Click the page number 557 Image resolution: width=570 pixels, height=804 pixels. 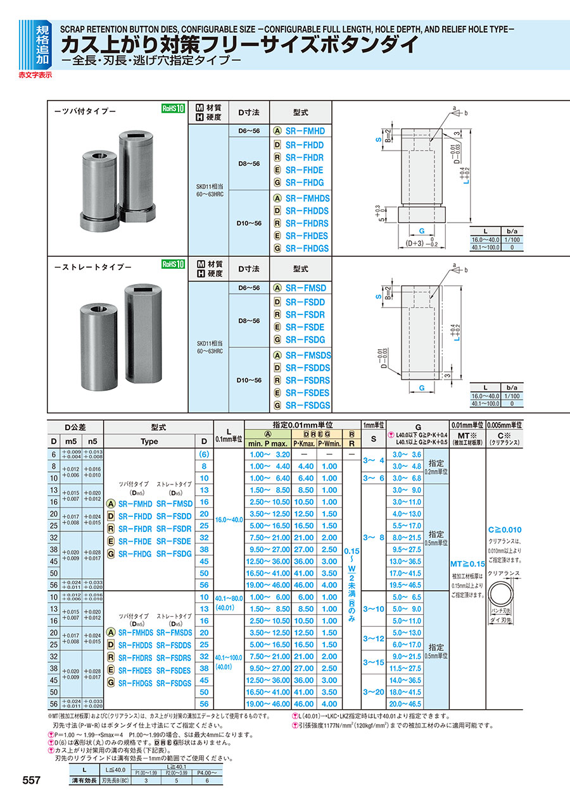32,781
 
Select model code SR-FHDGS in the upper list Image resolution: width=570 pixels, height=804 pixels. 307,249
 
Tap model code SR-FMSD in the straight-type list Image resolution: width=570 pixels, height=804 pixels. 305,288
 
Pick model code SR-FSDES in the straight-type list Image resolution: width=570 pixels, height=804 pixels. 307,393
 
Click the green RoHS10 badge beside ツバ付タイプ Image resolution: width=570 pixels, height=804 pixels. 173,109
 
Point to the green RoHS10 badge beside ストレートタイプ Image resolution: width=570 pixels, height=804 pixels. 173,264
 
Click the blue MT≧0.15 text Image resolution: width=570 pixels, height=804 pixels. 467,564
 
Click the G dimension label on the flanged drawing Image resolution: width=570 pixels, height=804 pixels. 420,232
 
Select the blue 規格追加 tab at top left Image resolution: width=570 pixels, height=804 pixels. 42,44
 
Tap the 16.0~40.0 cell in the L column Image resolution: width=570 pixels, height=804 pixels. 229,519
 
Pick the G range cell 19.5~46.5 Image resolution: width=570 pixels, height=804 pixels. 406,585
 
